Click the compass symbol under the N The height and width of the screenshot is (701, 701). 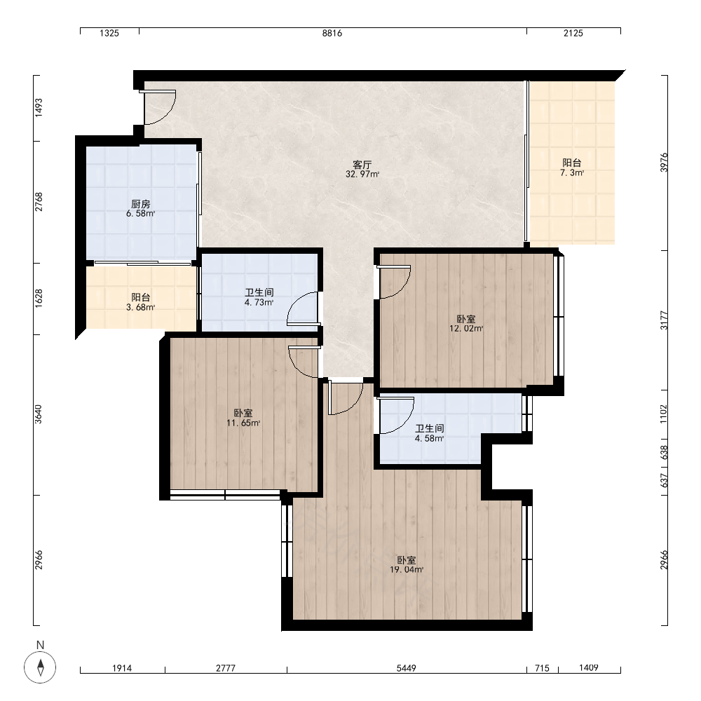(x=40, y=667)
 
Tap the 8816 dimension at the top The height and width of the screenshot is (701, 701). (x=332, y=33)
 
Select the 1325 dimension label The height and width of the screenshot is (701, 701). (x=109, y=33)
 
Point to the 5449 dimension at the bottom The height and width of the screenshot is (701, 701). (x=407, y=668)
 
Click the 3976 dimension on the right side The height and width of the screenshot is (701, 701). (x=664, y=163)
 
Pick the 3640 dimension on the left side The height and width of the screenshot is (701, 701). (x=39, y=414)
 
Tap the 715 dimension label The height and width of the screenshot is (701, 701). (x=543, y=668)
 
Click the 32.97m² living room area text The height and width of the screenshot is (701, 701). (x=362, y=175)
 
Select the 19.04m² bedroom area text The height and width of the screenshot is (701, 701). (x=407, y=570)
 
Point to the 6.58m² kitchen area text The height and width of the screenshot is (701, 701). (x=140, y=214)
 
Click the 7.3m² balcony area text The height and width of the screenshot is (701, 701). (x=572, y=173)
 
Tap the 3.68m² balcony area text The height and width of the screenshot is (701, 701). (x=140, y=308)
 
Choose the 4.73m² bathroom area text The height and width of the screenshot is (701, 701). (x=259, y=303)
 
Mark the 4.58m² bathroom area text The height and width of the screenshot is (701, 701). (x=429, y=439)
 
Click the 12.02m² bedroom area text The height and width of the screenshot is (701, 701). (x=466, y=329)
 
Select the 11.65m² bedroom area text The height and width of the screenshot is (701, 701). (x=243, y=423)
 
